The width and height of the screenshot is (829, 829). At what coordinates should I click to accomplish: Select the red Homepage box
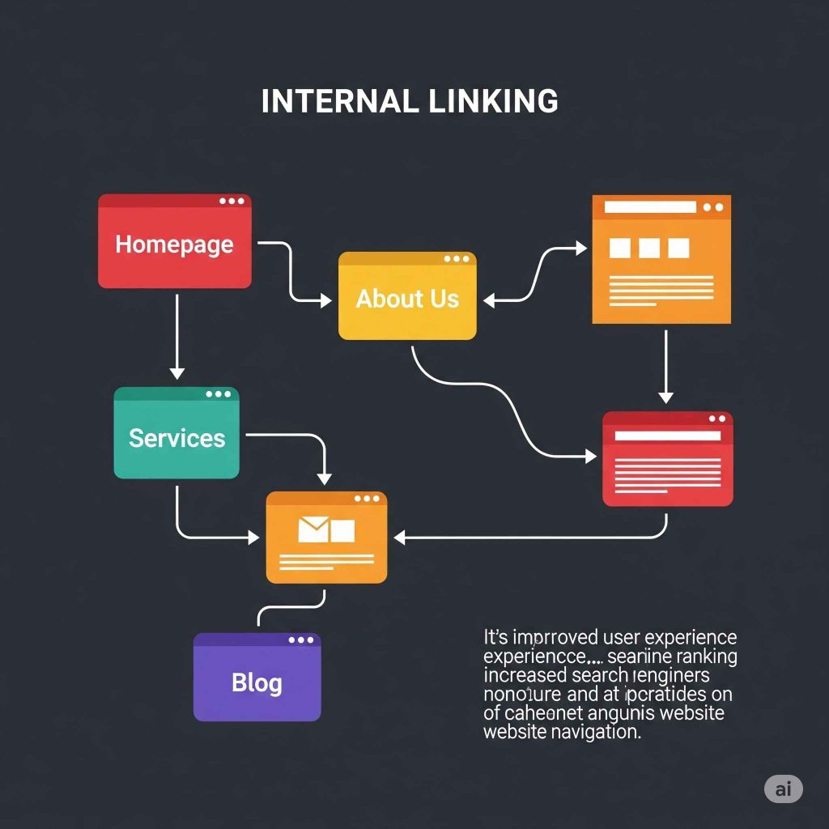[x=174, y=243]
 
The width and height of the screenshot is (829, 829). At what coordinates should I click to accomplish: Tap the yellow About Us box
[x=407, y=299]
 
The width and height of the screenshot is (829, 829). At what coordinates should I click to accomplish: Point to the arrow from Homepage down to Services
[x=176, y=336]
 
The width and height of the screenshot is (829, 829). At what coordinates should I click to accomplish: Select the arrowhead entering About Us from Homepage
[x=325, y=300]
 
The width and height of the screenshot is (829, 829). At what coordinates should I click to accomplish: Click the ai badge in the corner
[x=783, y=789]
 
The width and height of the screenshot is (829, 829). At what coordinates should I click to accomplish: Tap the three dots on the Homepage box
[x=232, y=202]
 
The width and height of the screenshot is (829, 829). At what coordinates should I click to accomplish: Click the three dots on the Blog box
[x=301, y=640]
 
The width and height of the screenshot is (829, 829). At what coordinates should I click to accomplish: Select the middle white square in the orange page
[x=648, y=248]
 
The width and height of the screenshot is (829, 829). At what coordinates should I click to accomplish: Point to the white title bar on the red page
[x=667, y=436]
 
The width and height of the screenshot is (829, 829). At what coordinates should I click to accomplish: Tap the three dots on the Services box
[x=218, y=394]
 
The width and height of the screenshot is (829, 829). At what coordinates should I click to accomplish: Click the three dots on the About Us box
[x=457, y=259]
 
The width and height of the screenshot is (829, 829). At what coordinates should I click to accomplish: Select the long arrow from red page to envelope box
[x=534, y=536]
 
